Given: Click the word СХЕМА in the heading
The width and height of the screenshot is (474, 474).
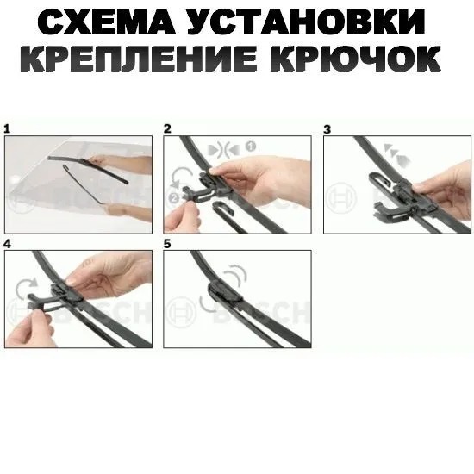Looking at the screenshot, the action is coord(106,22).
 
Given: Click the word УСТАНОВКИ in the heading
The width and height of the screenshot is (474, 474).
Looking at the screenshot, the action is coord(307,22).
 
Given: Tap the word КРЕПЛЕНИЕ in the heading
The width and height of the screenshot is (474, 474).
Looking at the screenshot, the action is coord(139,59).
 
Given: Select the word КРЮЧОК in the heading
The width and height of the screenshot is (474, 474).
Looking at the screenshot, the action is coord(355,59).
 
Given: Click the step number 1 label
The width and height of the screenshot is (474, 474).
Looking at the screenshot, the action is coord(7,129).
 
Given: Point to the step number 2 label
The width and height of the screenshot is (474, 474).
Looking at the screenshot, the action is coord(167,128).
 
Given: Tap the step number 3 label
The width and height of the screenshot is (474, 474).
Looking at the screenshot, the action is coord(327,129).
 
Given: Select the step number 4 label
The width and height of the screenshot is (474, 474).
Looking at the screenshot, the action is coord(7,244).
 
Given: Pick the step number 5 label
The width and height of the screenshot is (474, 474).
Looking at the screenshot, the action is coord(167,244).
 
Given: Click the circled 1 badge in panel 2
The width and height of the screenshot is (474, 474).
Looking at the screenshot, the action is coord(250,147).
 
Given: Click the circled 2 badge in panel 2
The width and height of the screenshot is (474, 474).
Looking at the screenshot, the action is coord(174,198).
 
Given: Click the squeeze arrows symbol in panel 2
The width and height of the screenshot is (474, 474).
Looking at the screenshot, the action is coord(224,149).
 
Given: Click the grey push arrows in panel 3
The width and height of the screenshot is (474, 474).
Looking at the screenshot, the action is coord(396,154).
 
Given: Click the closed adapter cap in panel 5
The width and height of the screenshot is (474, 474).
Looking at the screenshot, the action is coord(224,291).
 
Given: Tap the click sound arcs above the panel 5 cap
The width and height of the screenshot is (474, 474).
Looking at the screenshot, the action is coord(237,274).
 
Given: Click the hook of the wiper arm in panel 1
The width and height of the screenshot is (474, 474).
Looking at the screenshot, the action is coord(66,167).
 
